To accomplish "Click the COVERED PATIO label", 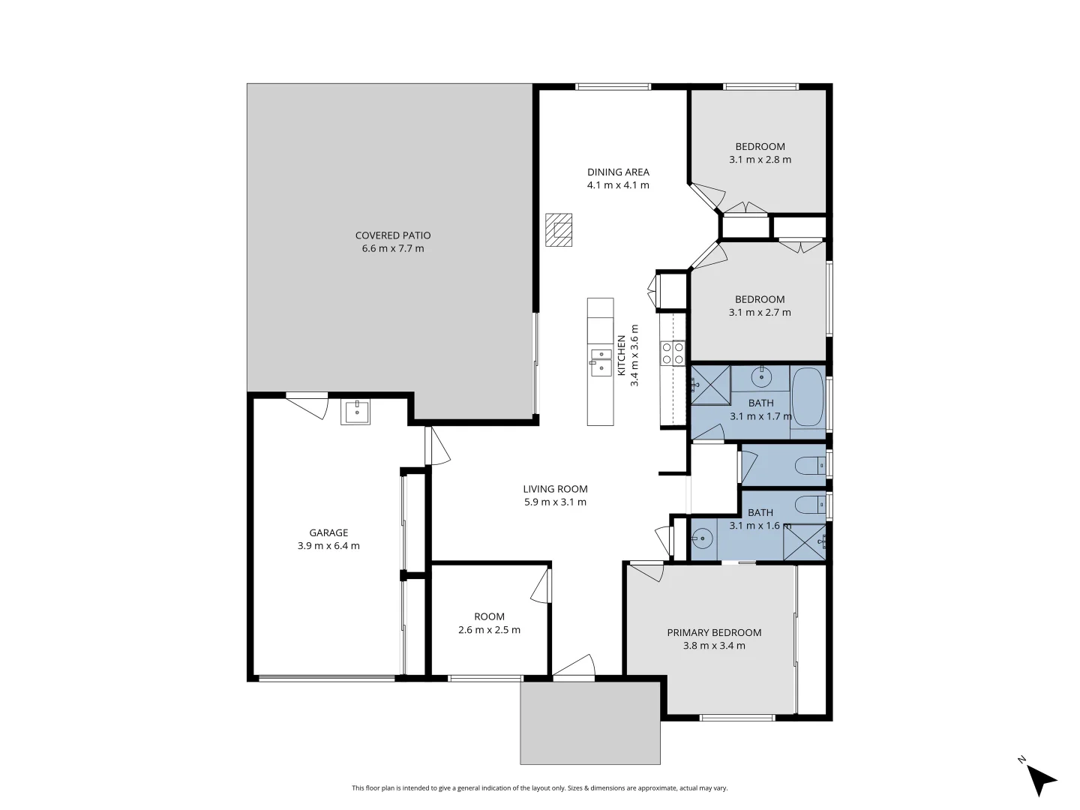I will [x=392, y=235].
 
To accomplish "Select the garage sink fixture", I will [x=355, y=412].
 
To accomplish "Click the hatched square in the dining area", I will [x=559, y=229].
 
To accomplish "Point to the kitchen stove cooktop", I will [x=672, y=352].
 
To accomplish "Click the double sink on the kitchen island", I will [x=600, y=361].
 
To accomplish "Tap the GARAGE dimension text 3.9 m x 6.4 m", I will [x=328, y=546].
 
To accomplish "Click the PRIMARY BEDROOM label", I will [x=714, y=632].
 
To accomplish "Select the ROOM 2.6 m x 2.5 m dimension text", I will [x=489, y=630].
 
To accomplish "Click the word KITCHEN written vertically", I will [x=621, y=355].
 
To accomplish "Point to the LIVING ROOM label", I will [x=555, y=489].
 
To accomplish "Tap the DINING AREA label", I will [x=618, y=172].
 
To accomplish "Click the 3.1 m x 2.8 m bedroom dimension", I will [x=760, y=160].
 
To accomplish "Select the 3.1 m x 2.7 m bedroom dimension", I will [x=760, y=313].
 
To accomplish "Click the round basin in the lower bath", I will [x=703, y=537].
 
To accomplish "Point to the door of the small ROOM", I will [x=541, y=585].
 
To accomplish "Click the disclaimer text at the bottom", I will [x=540, y=788].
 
